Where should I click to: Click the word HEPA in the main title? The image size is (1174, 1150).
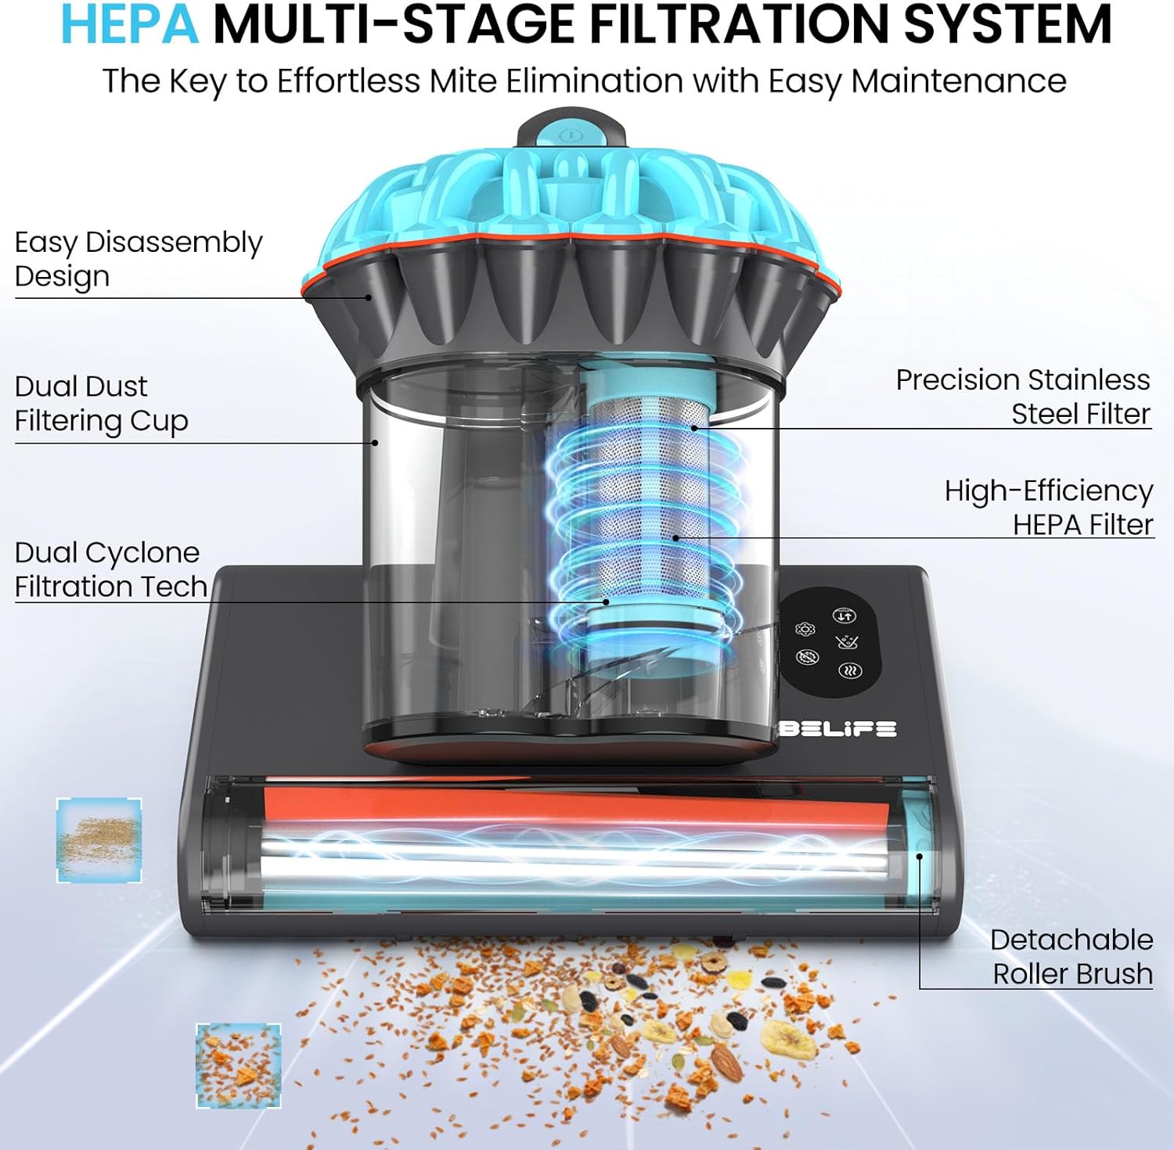[129, 24]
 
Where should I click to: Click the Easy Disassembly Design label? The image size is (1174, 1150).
[139, 259]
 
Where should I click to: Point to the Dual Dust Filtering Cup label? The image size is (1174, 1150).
[101, 404]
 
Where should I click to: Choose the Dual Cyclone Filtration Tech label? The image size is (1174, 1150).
[110, 570]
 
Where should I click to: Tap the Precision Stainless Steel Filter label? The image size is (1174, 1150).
[1023, 397]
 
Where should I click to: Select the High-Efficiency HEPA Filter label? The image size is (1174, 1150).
[1049, 507]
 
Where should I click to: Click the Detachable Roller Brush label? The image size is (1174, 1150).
[1071, 956]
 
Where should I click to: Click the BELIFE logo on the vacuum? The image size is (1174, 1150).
[837, 728]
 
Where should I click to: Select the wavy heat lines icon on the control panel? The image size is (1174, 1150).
[850, 670]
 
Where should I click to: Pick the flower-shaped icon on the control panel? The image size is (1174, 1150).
[805, 630]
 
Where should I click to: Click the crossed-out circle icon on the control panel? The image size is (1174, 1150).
[808, 656]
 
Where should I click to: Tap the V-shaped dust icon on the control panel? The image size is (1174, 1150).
[847, 642]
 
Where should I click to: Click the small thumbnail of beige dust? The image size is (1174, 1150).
[99, 840]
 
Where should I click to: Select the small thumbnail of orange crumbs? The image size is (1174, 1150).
[238, 1066]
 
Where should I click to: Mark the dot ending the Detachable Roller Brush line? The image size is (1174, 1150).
[920, 856]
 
